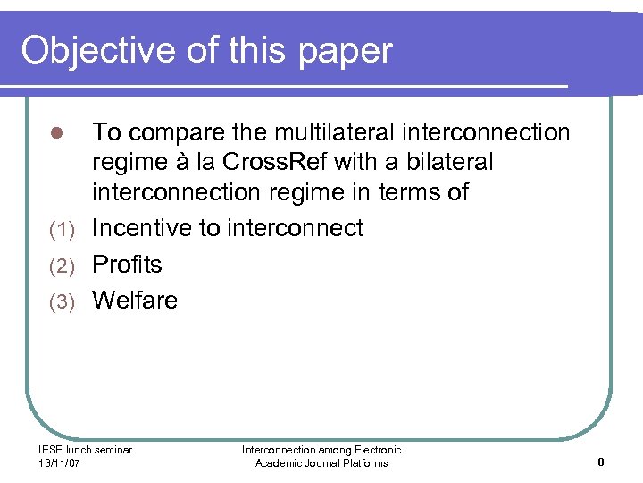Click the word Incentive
coord(142,229)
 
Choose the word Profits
coord(128,265)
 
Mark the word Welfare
coord(135,301)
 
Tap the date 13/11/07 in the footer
coord(60,463)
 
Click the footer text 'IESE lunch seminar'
coord(85,450)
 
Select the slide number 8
coord(601,462)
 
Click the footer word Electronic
coord(375,450)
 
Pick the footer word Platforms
coord(362,463)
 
